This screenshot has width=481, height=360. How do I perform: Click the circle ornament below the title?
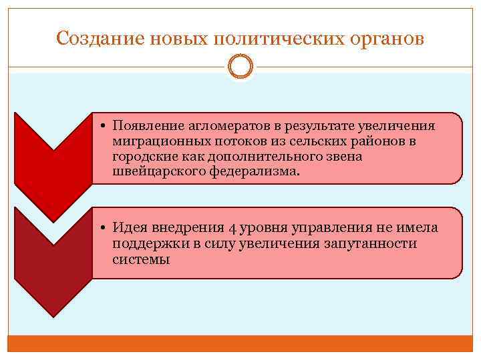click(240, 67)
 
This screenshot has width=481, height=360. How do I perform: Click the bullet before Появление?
click(106, 125)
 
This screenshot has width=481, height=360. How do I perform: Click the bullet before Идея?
click(106, 228)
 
